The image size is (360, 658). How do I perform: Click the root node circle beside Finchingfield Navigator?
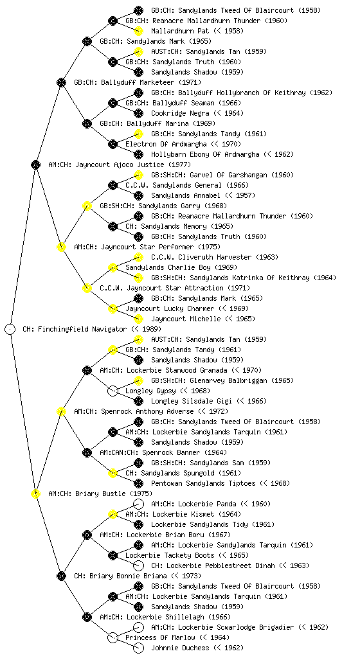point(10,330)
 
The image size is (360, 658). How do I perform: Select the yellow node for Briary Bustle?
point(36,494)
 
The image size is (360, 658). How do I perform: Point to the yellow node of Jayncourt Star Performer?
point(62,247)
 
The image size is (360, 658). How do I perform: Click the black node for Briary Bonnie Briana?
point(62,576)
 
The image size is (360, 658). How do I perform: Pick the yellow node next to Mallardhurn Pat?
point(138,31)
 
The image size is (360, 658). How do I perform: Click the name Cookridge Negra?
point(180,113)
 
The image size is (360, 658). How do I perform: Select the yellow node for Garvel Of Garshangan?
point(138,175)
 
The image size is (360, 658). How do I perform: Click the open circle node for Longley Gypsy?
point(113,391)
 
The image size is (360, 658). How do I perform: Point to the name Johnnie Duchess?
point(180,648)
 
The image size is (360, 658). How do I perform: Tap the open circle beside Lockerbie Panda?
point(138,504)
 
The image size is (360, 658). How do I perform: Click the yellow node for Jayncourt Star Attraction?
point(87,289)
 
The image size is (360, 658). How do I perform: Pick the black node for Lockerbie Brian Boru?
point(87,535)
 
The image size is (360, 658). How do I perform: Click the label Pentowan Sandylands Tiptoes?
point(203,483)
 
